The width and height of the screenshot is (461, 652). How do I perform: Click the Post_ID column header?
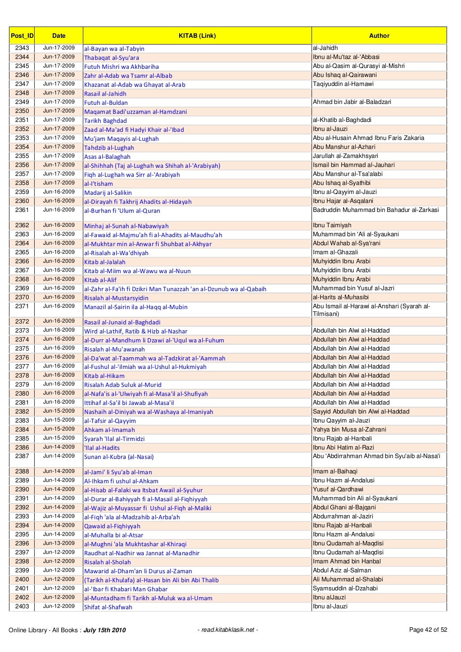[22, 36]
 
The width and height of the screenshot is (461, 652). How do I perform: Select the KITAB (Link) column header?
[197, 36]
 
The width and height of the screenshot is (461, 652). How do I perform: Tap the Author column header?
[379, 36]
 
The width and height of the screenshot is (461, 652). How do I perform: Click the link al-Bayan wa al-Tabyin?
[114, 49]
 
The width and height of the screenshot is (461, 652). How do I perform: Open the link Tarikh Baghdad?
[105, 121]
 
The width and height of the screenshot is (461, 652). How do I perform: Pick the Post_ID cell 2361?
[22, 210]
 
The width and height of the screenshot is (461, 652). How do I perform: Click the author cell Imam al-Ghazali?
[335, 252]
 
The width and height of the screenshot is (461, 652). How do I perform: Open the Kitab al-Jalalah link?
[105, 262]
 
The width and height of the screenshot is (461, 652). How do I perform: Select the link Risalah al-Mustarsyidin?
[116, 298]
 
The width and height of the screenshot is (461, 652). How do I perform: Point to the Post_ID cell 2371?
[22, 306]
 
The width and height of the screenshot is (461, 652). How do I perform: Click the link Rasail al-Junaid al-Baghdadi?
[122, 322]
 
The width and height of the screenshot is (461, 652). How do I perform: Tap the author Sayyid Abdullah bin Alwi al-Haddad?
[361, 412]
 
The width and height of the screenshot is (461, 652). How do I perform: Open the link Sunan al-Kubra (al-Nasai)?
[119, 457]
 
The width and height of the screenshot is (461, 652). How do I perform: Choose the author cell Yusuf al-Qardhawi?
[338, 490]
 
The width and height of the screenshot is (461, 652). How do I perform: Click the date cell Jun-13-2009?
[59, 543]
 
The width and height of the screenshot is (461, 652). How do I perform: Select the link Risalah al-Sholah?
[108, 562]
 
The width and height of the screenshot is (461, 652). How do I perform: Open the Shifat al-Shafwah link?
[108, 607]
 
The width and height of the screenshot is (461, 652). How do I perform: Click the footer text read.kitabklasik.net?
[228, 630]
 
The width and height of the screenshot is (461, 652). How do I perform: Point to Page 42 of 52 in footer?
[428, 630]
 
